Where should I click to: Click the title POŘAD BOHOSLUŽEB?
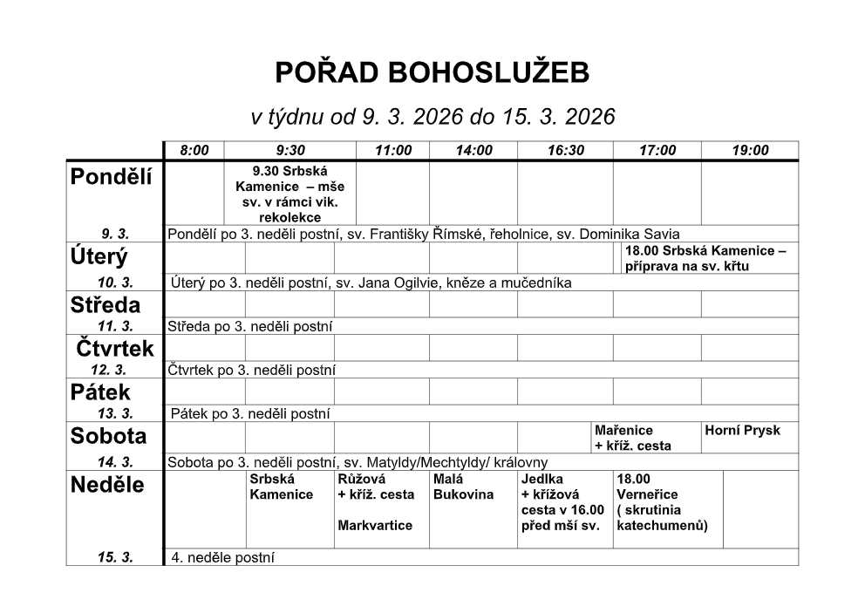pos(432,74)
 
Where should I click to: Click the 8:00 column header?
pos(194,151)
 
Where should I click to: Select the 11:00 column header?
pos(393,151)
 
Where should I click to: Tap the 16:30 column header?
pos(566,151)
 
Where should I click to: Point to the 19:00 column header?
pos(750,151)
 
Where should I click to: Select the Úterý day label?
pos(99,257)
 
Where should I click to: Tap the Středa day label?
pos(105,305)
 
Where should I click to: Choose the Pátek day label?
pos(100,392)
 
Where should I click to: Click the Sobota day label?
pos(108,436)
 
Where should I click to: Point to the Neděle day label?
pos(107,486)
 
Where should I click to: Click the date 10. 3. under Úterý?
pos(115,283)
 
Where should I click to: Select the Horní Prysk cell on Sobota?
pos(742,431)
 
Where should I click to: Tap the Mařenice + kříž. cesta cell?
pos(632,438)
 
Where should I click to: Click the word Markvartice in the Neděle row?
pos(375,526)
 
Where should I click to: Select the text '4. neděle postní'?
pos(223,558)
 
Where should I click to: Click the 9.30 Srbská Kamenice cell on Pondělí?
pos(290,193)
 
